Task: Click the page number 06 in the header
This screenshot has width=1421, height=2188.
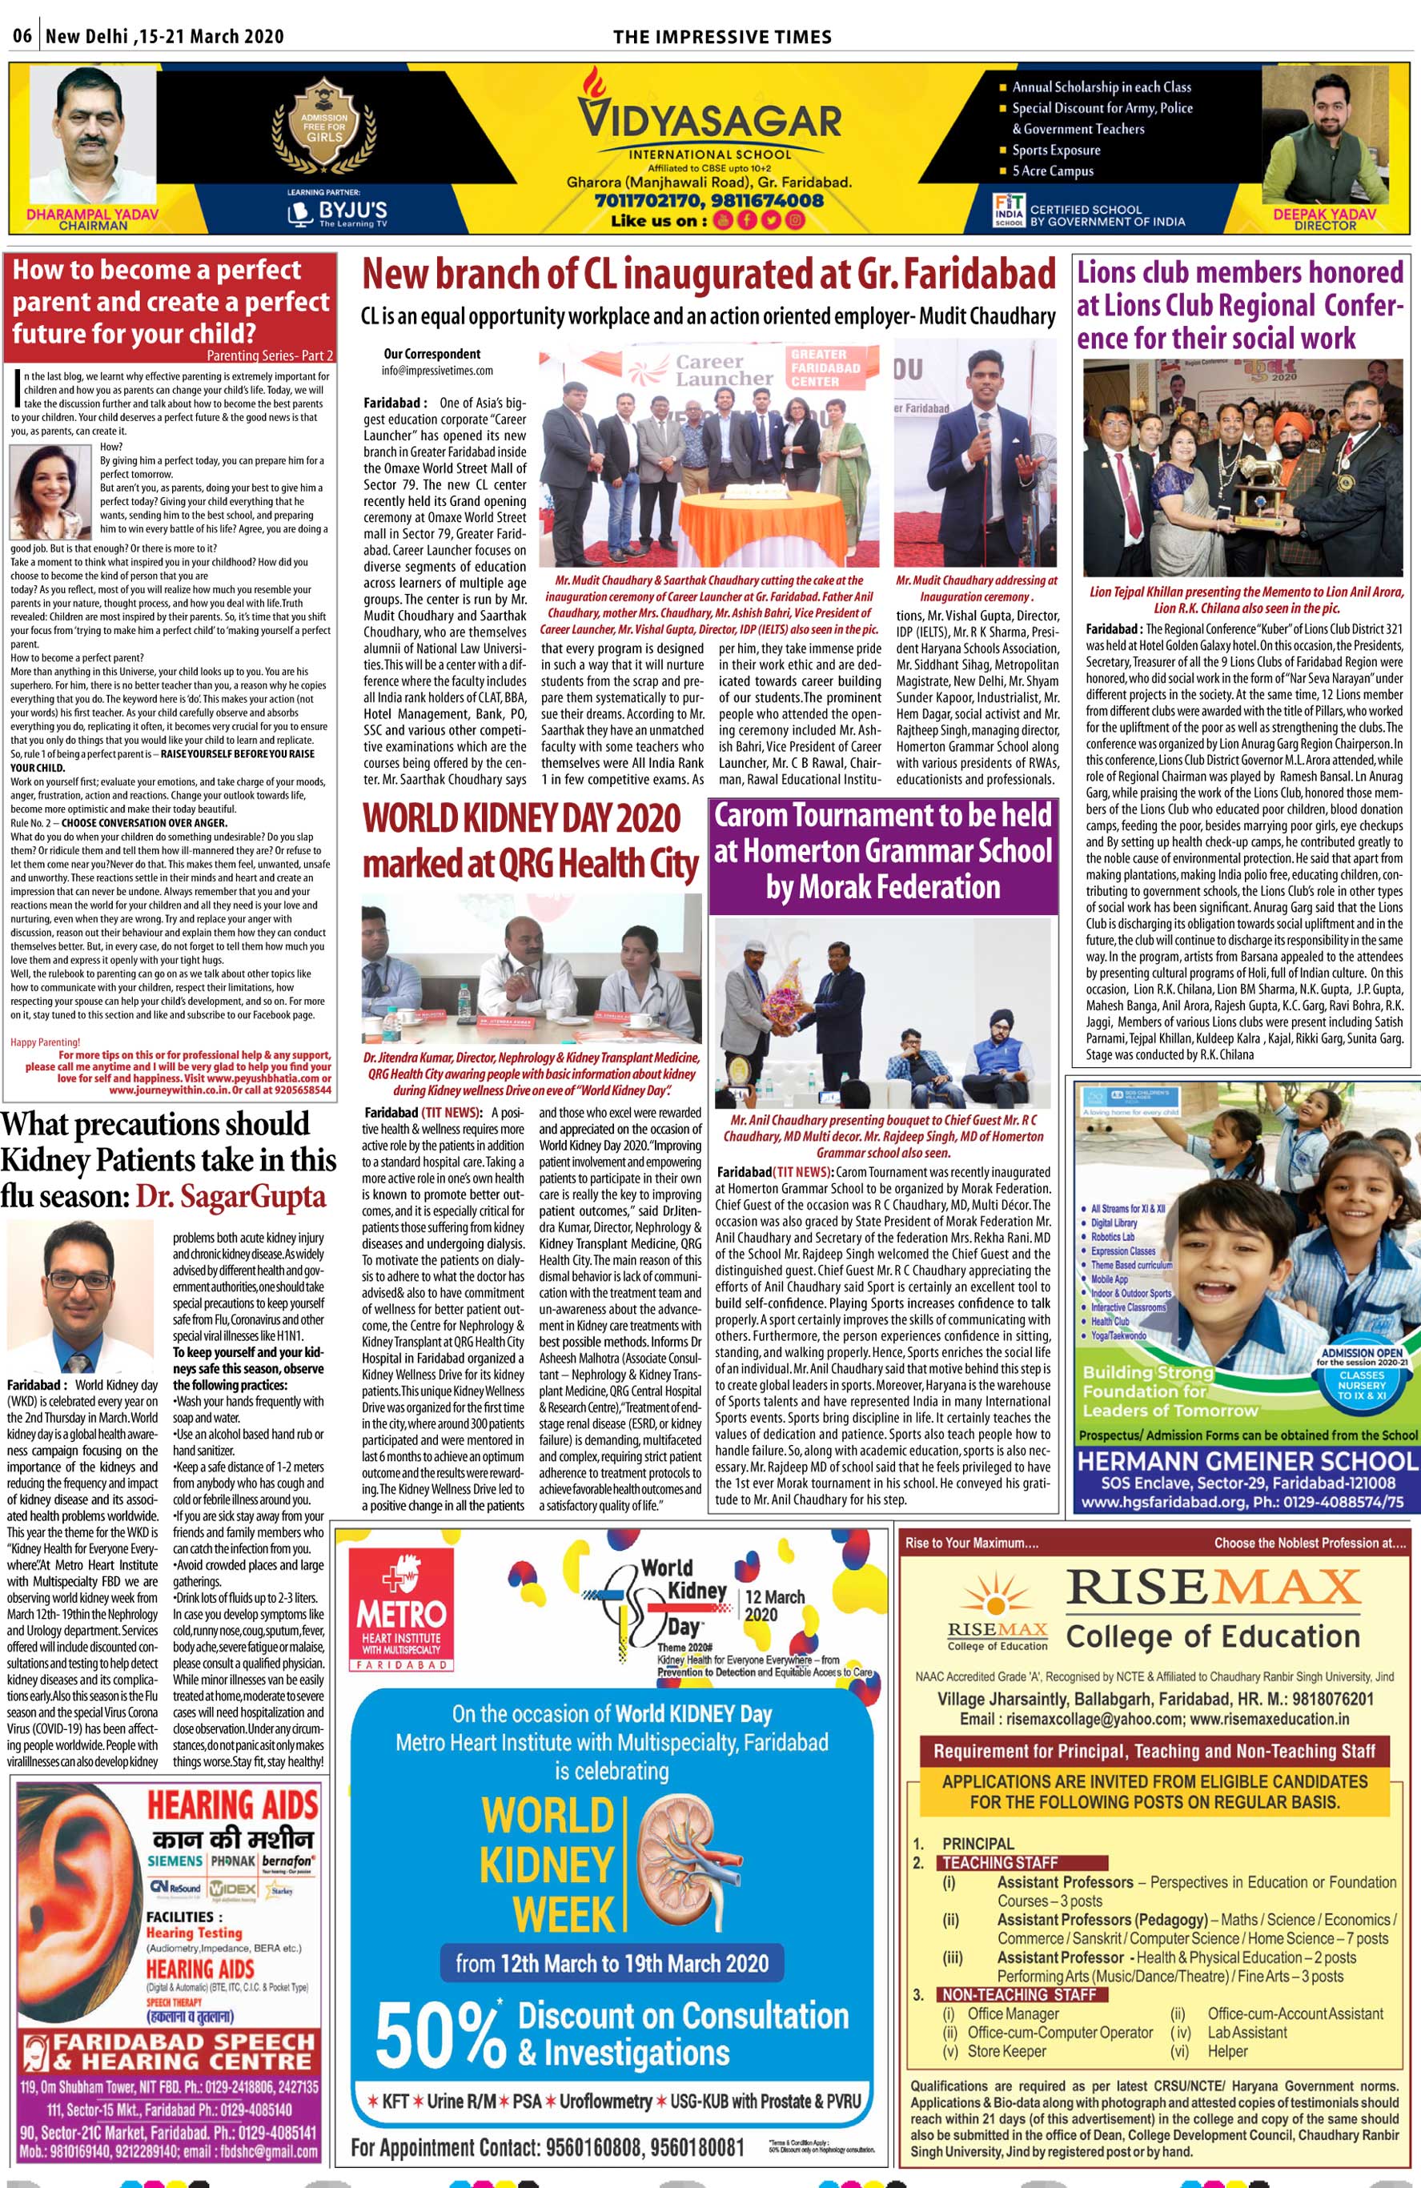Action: click(x=22, y=36)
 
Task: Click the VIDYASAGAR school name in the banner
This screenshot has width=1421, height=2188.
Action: click(x=708, y=120)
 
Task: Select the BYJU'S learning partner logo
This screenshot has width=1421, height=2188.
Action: click(x=339, y=212)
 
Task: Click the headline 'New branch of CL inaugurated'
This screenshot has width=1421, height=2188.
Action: click(x=708, y=275)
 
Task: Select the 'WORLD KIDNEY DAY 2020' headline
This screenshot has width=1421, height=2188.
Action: click(x=521, y=817)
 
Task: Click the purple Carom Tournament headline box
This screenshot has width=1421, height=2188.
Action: click(x=883, y=851)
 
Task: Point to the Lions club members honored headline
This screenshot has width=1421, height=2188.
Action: click(x=1240, y=304)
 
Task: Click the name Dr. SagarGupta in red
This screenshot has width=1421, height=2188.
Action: click(x=231, y=1196)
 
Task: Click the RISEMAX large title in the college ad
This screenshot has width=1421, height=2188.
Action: click(x=1212, y=1588)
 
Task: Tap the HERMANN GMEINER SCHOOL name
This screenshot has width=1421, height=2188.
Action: click(x=1247, y=1462)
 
